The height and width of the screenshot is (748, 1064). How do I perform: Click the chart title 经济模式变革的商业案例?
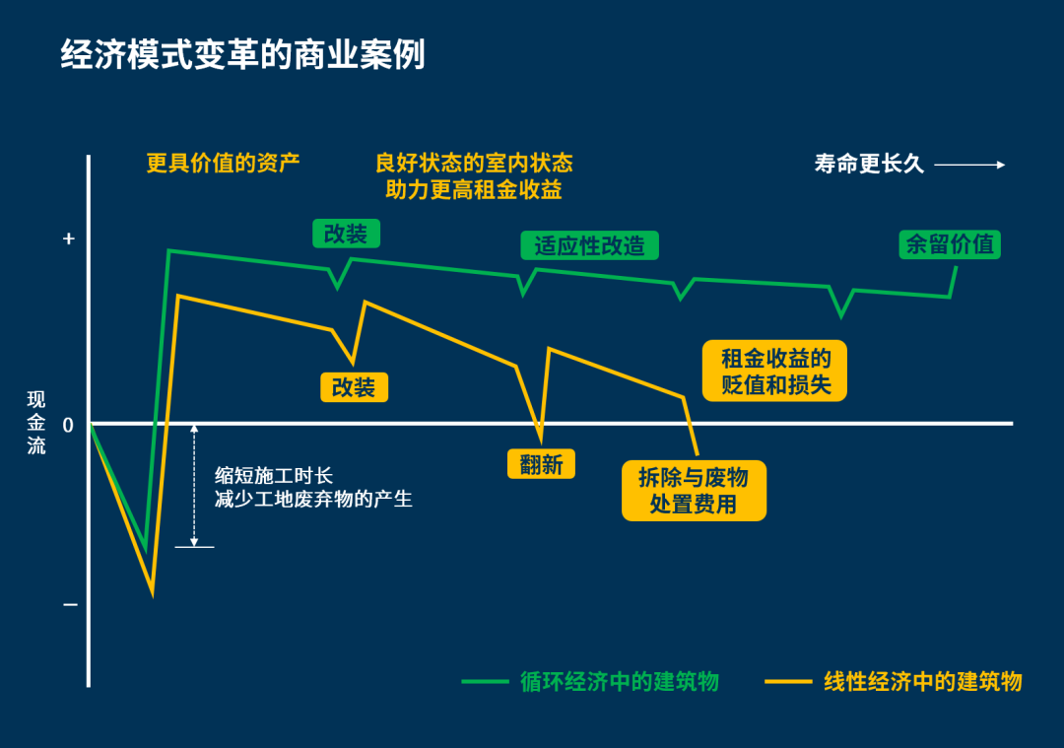242,55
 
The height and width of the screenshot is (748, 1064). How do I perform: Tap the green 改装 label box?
345,234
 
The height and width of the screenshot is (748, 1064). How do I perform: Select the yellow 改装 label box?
354,387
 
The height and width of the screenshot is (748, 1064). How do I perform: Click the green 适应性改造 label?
589,245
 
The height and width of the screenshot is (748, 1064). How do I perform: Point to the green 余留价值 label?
950,244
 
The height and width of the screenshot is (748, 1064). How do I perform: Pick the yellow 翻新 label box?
541,464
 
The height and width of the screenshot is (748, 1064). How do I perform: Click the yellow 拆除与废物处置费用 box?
694,491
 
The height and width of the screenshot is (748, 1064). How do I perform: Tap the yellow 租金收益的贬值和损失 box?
775,371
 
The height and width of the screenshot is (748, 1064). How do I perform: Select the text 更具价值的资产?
223,163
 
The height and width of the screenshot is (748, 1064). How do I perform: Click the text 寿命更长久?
869,165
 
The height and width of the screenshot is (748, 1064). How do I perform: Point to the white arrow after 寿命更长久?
969,165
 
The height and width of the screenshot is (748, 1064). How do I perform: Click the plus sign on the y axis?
68,238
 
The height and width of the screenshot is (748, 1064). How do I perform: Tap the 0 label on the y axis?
68,425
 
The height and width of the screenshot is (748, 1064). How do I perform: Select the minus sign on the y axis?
69,603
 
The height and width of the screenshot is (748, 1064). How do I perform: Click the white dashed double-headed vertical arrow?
194,485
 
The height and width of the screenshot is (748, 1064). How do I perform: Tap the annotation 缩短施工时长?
274,475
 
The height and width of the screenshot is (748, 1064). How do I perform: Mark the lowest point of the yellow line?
152,592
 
